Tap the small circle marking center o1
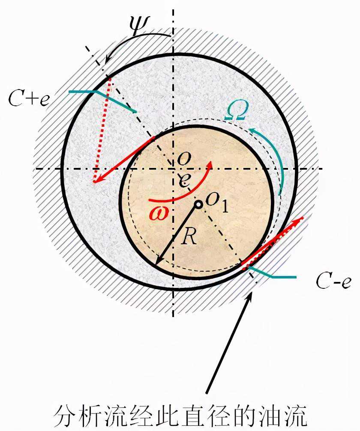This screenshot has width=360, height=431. [198, 205]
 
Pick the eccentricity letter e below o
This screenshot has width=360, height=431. [183, 179]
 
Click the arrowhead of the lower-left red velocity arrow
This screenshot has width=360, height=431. [96, 181]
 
